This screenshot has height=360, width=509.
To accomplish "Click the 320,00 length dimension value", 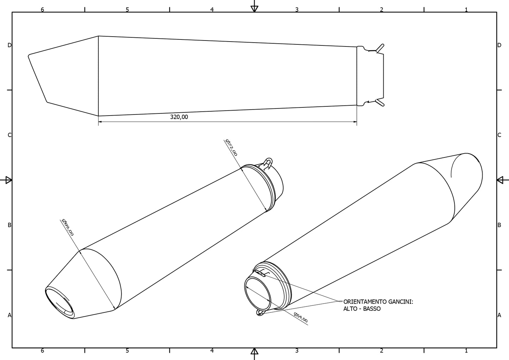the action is tap(179, 117).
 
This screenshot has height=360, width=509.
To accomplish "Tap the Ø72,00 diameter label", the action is tap(231, 148).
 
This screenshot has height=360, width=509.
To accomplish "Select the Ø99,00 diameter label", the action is tap(68, 228).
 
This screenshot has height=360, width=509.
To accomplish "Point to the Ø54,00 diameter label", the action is tap(300, 317).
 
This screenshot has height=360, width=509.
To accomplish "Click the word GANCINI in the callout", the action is tap(401, 302).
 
